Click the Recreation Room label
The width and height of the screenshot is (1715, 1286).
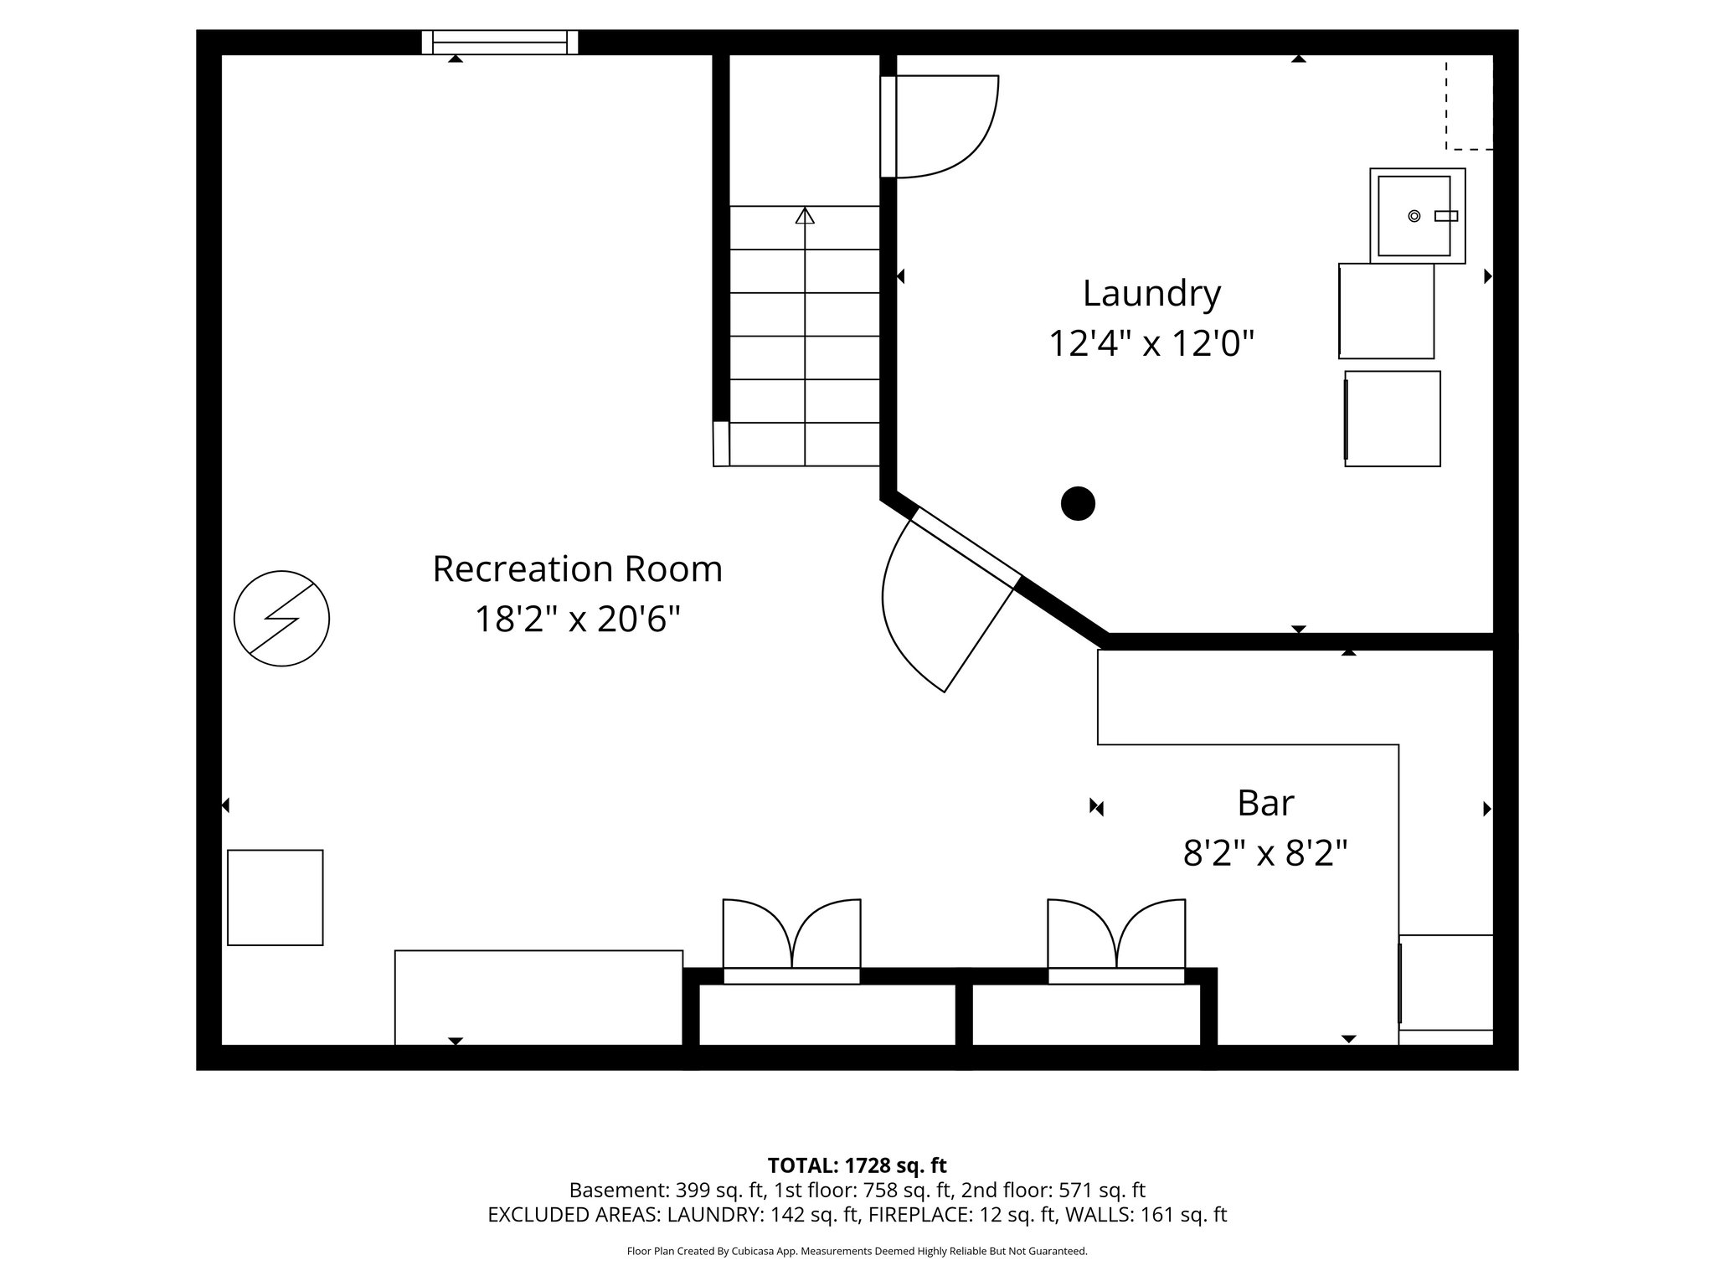click(x=577, y=569)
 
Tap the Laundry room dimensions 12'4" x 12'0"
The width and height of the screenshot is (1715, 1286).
click(x=1151, y=344)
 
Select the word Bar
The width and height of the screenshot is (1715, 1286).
click(x=1265, y=803)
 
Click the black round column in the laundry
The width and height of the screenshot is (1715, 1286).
click(x=1078, y=504)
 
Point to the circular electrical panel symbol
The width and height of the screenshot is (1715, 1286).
click(x=281, y=619)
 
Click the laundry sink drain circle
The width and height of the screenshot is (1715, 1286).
click(x=1414, y=216)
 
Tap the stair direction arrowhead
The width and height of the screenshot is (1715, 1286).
click(x=805, y=215)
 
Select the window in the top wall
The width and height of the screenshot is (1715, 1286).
click(x=500, y=42)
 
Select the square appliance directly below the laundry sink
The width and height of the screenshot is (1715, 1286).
click(x=1386, y=311)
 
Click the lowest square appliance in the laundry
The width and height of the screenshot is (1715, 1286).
click(x=1393, y=419)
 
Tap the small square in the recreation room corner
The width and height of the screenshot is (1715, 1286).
click(x=276, y=898)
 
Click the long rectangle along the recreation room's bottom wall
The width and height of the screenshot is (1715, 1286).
click(x=538, y=997)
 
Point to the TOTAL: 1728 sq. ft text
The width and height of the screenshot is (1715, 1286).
click(x=857, y=1165)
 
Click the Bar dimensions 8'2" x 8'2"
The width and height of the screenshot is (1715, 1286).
click(x=1265, y=854)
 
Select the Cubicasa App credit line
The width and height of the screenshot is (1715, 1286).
click(x=857, y=1252)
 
